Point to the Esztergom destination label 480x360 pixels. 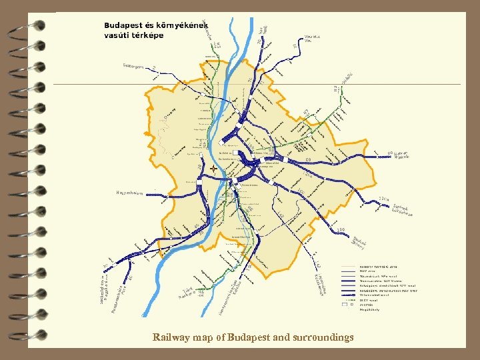click(x=136, y=66)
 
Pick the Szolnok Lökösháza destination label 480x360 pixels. click(x=403, y=210)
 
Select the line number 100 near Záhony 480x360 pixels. click(x=341, y=230)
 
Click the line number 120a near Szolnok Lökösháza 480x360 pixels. click(x=383, y=199)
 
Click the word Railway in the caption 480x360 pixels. click(x=170, y=337)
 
